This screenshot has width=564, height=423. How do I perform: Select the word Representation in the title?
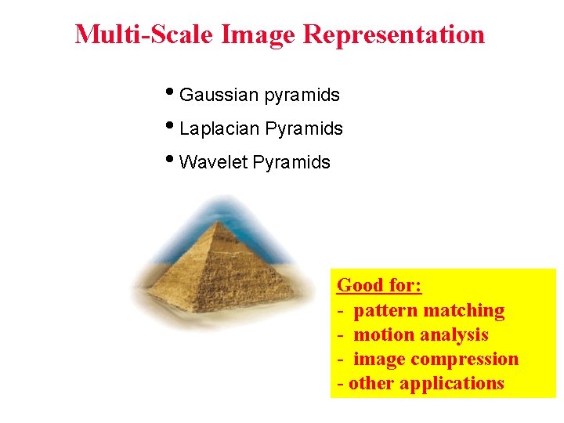point(393,34)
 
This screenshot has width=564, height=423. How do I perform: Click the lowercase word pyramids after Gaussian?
point(302,96)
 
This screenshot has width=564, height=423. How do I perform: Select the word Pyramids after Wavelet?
point(292,163)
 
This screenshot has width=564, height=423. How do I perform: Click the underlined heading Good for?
point(379,286)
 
